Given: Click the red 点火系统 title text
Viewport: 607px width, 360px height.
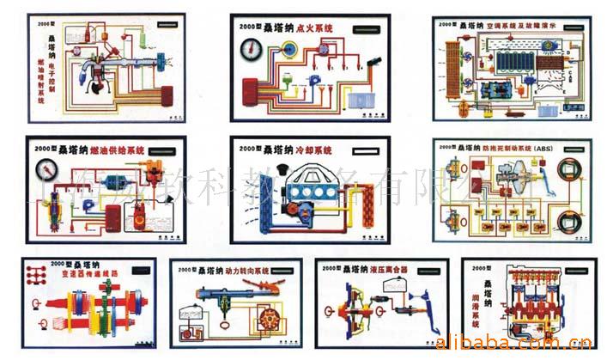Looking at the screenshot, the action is tap(313, 27).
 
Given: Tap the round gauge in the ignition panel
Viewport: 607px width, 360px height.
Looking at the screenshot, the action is tap(248, 49).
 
